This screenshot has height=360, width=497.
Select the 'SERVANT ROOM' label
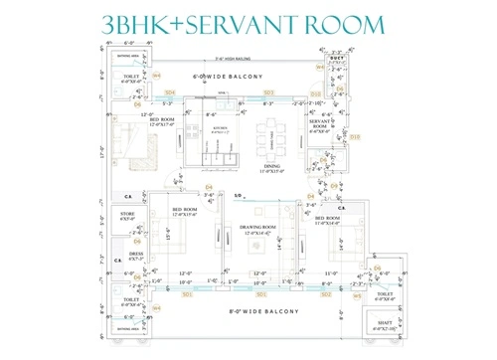pos(319,125)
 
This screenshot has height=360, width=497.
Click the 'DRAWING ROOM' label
pos(257,228)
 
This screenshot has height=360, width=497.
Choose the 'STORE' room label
pos(127,214)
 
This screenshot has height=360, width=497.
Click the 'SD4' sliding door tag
pos(171,92)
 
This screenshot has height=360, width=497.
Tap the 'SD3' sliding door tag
pos(268,92)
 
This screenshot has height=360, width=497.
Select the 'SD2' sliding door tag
pos(326,294)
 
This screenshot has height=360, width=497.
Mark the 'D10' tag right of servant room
pos(355,137)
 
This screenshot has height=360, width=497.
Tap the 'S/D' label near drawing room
pos(238,196)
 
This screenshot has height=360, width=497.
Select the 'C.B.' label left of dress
pos(117,261)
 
